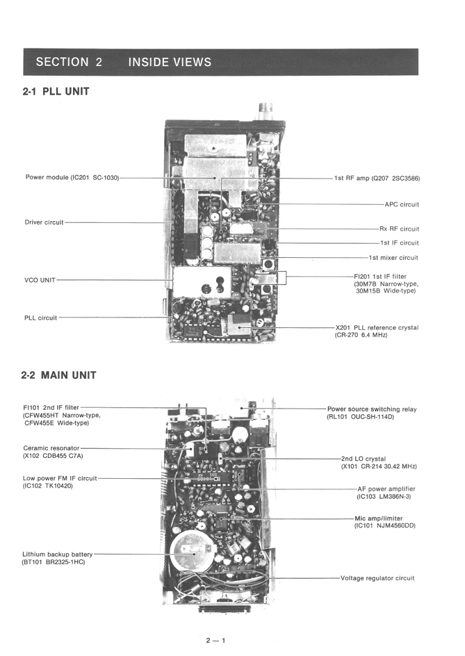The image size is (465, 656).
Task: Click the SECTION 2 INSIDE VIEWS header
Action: (x=123, y=62)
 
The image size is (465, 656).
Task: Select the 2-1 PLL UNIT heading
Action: (x=55, y=91)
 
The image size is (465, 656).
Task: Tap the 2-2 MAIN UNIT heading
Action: (x=58, y=375)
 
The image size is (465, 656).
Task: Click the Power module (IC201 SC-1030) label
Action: (x=72, y=177)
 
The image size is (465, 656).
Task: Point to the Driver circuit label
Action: (x=44, y=222)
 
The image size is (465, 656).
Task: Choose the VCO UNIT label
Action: (x=40, y=280)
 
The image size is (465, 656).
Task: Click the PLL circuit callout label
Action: (x=40, y=318)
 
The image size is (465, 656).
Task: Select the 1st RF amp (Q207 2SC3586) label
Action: (x=377, y=178)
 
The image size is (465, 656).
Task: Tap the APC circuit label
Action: (x=401, y=205)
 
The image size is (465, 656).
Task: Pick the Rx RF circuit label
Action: (x=399, y=229)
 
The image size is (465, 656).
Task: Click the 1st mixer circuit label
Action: (x=393, y=257)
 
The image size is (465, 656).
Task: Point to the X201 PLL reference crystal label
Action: (x=377, y=328)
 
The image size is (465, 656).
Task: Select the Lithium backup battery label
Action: (x=57, y=554)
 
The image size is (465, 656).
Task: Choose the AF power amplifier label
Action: (x=386, y=489)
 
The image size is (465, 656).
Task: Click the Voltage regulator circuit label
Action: (x=377, y=578)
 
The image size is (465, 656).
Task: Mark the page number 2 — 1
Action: (x=215, y=640)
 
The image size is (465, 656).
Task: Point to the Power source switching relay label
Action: (x=372, y=409)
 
